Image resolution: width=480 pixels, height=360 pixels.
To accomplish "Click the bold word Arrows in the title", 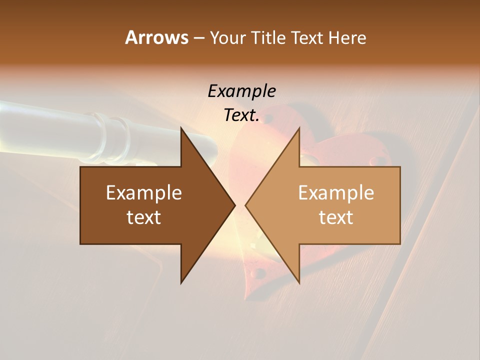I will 156,37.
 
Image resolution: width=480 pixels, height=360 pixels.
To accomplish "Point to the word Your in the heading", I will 227,38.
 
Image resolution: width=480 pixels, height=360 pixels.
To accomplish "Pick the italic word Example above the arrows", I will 241,91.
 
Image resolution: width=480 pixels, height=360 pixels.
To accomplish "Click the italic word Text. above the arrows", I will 241,115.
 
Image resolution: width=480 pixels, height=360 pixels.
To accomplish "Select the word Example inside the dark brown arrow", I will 144,193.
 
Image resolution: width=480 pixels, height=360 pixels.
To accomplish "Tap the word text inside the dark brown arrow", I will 144,217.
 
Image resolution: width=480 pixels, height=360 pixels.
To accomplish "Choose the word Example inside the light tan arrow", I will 336,193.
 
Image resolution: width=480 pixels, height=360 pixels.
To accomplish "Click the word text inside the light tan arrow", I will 336,217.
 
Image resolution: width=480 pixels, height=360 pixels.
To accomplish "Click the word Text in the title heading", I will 308,37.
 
